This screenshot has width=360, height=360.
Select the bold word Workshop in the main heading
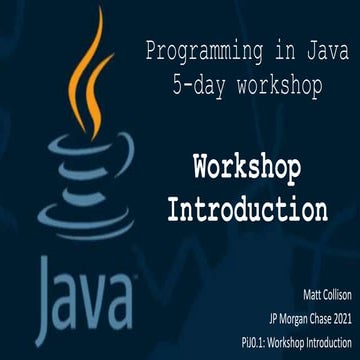[247, 167]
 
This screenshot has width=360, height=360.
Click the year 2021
[339, 317]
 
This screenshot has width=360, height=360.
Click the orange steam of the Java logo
[90, 70]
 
